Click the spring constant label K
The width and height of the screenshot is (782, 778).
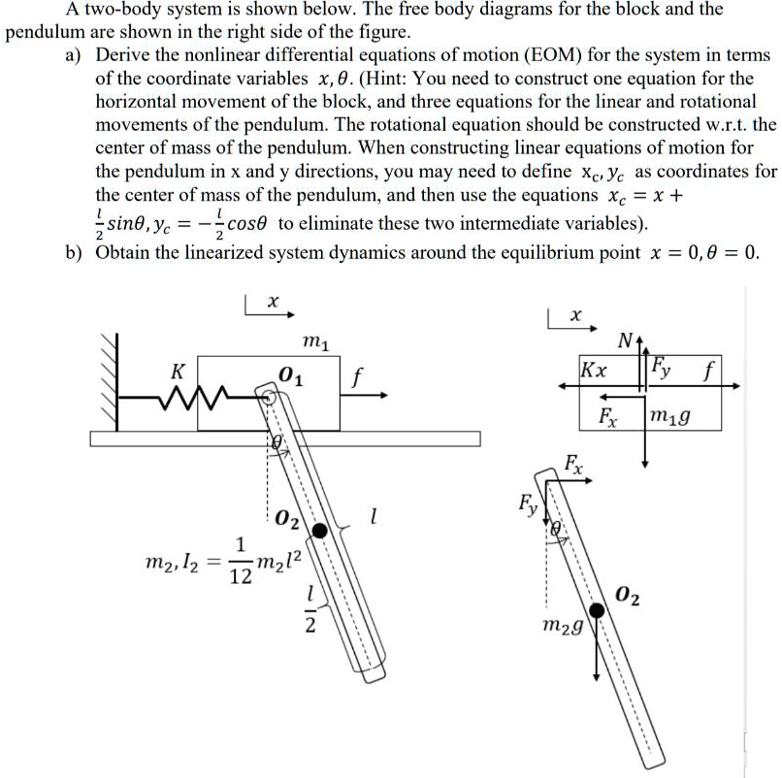click(177, 372)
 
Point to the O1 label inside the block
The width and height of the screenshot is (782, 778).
click(290, 376)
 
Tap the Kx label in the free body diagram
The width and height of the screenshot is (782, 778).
click(594, 371)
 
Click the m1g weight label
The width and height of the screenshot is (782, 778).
click(673, 418)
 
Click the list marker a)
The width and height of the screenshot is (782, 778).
click(75, 55)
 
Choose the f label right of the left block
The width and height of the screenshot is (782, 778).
click(356, 374)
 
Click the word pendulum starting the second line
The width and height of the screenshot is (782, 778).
click(46, 31)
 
